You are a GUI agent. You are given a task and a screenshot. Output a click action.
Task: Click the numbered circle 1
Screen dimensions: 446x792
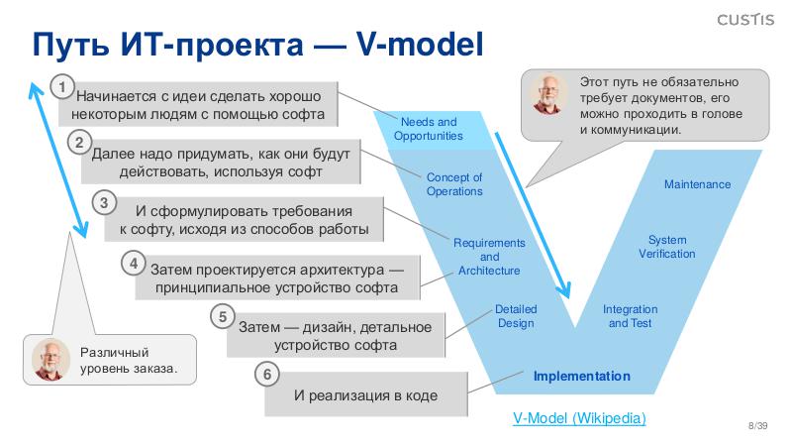pyautogui.click(x=62, y=88)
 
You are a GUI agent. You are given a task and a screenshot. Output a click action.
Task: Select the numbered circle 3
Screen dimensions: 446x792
pyautogui.click(x=105, y=203)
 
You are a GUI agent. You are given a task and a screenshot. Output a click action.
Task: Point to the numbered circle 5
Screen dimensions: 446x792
pyautogui.click(x=223, y=317)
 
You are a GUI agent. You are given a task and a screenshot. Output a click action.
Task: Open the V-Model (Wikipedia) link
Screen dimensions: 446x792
pyautogui.click(x=579, y=418)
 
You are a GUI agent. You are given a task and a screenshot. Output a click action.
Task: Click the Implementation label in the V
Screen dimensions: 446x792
pyautogui.click(x=582, y=376)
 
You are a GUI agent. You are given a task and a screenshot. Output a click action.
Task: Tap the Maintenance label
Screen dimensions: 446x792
pyautogui.click(x=697, y=184)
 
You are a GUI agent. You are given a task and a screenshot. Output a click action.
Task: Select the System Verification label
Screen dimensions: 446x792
pyautogui.click(x=666, y=247)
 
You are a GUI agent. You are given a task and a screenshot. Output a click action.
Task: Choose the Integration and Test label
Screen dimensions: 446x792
pyautogui.click(x=631, y=316)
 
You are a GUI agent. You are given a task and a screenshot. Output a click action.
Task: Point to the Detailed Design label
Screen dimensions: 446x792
pyautogui.click(x=516, y=316)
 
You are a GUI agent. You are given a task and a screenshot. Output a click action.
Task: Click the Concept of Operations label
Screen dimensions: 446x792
pyautogui.click(x=454, y=184)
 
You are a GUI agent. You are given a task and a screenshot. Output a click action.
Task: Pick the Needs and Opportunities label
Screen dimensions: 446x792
pyautogui.click(x=429, y=129)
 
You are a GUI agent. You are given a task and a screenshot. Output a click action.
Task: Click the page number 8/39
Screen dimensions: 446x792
pyautogui.click(x=757, y=425)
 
